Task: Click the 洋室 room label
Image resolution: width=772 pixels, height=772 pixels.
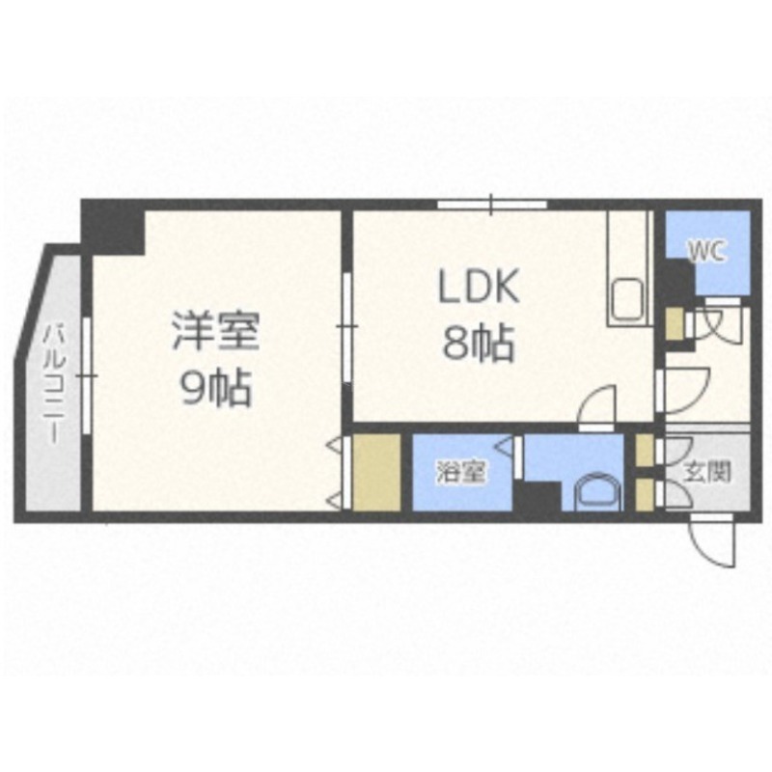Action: [x=215, y=332]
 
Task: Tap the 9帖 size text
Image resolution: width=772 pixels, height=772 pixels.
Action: [x=216, y=387]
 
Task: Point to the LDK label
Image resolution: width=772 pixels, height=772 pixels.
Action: [x=479, y=286]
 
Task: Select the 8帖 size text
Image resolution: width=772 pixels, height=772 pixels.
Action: [x=478, y=344]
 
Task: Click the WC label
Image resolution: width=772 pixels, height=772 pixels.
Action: [x=707, y=253]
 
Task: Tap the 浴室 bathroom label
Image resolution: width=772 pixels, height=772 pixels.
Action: [x=461, y=472]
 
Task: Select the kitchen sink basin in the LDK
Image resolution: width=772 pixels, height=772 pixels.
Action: [x=628, y=300]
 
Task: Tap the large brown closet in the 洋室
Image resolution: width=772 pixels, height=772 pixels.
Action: [x=376, y=472]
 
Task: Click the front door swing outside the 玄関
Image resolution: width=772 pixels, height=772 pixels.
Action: [x=712, y=540]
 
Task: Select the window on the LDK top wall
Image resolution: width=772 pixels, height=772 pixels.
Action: [x=492, y=205]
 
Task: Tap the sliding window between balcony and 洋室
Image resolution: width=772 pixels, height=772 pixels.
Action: [x=87, y=376]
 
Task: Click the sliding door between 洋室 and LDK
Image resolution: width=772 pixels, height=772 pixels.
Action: [x=347, y=327]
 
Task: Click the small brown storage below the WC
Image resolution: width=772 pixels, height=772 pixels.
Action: [x=674, y=323]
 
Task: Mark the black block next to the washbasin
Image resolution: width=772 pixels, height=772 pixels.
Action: [x=538, y=496]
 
